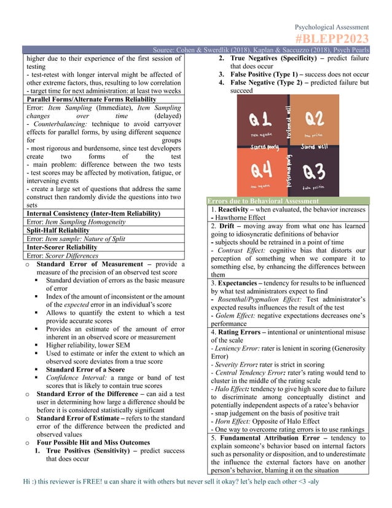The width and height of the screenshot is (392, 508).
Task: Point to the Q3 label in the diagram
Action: coord(313,170)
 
